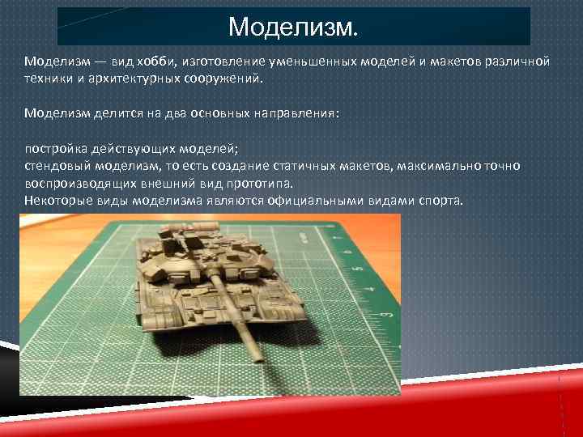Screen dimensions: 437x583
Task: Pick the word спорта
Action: pyautogui.click(x=441, y=201)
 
